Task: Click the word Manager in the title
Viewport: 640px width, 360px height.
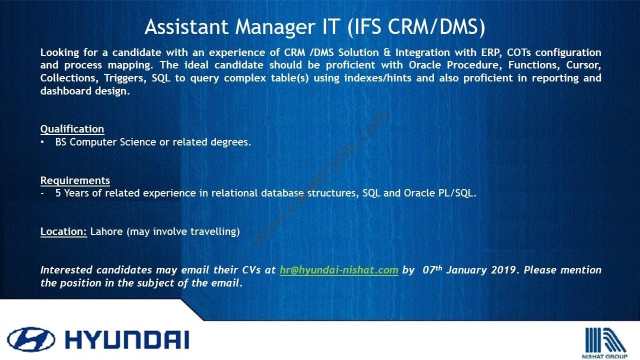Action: (x=275, y=27)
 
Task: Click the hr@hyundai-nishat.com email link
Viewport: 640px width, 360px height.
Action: (x=339, y=270)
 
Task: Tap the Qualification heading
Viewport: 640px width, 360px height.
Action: (x=72, y=129)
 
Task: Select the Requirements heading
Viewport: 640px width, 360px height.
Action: (x=75, y=180)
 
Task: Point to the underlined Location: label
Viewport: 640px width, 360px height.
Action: (x=63, y=231)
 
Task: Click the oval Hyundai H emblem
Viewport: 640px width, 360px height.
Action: (x=31, y=339)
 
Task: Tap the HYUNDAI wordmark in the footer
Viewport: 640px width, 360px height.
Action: (x=127, y=340)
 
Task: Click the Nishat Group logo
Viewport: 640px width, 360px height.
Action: (x=604, y=343)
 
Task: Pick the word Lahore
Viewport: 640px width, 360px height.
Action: (x=106, y=231)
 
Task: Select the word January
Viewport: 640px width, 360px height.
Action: (x=466, y=270)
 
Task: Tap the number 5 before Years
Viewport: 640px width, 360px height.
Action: (x=58, y=193)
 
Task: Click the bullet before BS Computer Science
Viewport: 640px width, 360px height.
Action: (x=42, y=142)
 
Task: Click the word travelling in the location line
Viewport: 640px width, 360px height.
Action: (x=215, y=231)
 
